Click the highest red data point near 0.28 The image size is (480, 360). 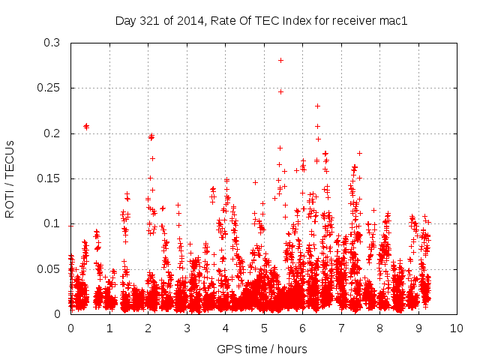click(x=280, y=60)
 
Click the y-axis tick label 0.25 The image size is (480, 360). click(x=51, y=88)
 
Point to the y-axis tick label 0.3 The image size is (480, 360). click(x=54, y=43)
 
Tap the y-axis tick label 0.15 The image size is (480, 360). click(x=51, y=178)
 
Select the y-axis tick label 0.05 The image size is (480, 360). click(x=51, y=268)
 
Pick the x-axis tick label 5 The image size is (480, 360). click(x=264, y=328)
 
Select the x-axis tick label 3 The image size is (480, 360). click(x=187, y=328)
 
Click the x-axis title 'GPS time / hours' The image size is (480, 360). click(x=262, y=349)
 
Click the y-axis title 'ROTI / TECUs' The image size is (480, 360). click(x=10, y=178)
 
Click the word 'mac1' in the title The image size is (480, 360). click(x=393, y=21)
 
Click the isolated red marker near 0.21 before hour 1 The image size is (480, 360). click(x=86, y=126)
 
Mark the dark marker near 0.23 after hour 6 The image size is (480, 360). click(x=317, y=106)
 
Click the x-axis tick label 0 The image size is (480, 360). click(x=70, y=328)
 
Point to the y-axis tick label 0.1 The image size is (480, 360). click(x=54, y=223)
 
